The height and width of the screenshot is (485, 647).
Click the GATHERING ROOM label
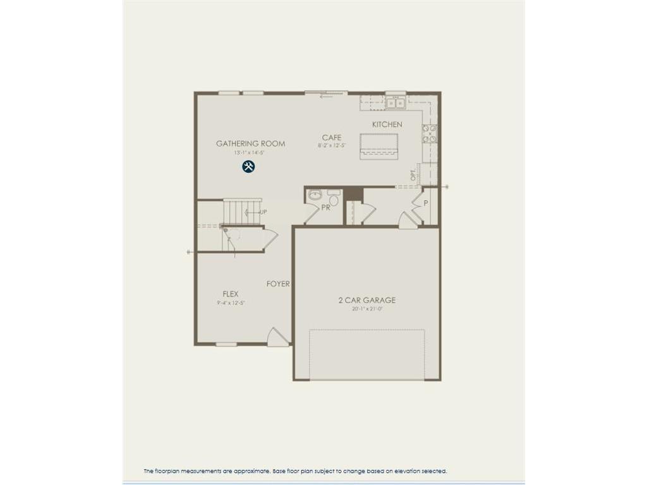(x=250, y=143)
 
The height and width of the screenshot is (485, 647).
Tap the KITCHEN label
(x=387, y=124)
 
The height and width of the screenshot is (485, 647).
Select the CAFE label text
(x=332, y=138)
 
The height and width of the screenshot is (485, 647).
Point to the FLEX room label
(x=230, y=294)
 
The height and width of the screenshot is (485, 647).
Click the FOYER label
(x=278, y=284)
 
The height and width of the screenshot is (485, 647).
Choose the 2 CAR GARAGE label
(x=367, y=301)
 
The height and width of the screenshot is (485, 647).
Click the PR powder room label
(x=326, y=207)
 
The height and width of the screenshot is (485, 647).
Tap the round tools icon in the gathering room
(x=248, y=167)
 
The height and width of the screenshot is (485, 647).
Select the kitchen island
(x=378, y=146)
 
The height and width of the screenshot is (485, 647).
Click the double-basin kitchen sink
(x=396, y=102)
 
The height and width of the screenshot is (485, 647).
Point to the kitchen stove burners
(x=430, y=134)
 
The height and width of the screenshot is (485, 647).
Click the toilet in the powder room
(x=334, y=199)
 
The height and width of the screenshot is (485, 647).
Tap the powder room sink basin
(x=315, y=195)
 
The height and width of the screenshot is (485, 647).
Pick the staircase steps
(x=241, y=212)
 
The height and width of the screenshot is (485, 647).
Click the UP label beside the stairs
(x=263, y=212)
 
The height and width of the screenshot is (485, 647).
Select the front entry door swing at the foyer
(x=277, y=337)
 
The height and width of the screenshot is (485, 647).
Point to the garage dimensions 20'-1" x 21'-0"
(x=367, y=309)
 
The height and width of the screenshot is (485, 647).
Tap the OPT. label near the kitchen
(x=413, y=175)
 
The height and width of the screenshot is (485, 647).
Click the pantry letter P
(x=426, y=203)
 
